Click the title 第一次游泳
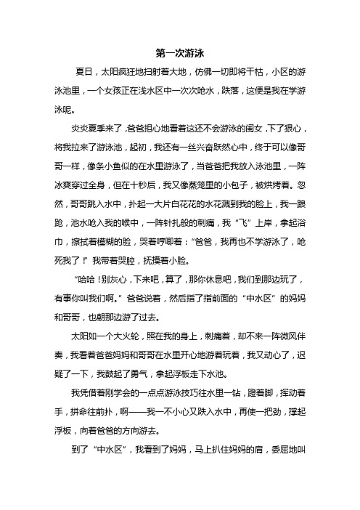(179, 53)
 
